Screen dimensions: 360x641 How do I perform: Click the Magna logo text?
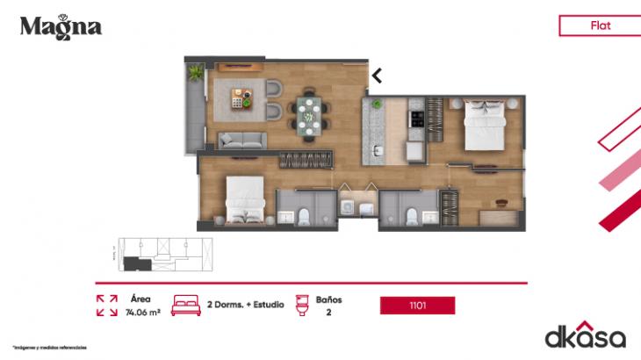click(x=61, y=26)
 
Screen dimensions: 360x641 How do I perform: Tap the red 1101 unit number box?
click(x=417, y=306)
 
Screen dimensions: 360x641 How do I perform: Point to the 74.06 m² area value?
click(x=141, y=312)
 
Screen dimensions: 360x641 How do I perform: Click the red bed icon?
click(x=186, y=305)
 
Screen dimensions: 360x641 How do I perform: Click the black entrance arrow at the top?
click(x=377, y=76)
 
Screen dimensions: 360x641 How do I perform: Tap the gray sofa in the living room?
click(x=242, y=140)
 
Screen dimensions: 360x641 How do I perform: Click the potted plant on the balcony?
click(x=193, y=75)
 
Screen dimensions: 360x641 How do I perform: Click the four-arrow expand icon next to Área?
click(x=106, y=305)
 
